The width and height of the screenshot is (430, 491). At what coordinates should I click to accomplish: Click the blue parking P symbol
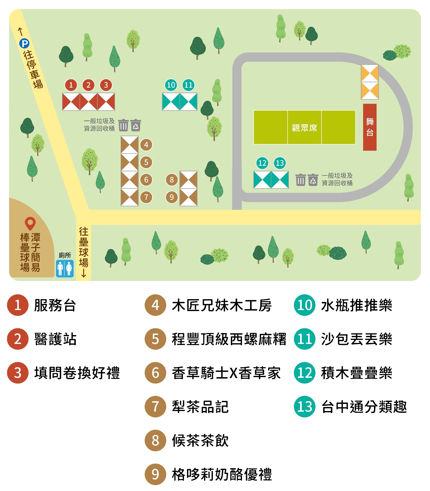click(24, 44)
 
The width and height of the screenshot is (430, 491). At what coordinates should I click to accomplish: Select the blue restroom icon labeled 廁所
click(65, 268)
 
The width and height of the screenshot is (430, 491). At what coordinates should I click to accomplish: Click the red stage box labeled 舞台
click(370, 127)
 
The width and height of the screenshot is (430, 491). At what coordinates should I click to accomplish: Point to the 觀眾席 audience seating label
click(304, 128)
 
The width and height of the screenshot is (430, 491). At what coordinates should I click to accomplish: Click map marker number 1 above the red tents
click(71, 85)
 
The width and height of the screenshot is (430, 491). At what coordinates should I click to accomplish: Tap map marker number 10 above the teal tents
click(171, 85)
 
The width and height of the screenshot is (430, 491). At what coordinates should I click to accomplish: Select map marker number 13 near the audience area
click(280, 163)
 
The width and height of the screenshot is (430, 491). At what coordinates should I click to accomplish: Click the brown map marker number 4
click(146, 145)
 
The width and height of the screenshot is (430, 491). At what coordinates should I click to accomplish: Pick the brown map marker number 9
click(172, 197)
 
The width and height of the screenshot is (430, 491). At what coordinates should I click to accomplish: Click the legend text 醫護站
click(55, 339)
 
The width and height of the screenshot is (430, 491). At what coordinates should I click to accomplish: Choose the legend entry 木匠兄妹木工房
click(222, 305)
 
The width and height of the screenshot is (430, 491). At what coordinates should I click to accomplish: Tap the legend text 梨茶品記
click(200, 407)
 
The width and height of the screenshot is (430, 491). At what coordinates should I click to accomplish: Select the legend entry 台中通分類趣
click(364, 407)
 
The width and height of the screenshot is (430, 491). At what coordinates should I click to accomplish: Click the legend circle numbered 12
click(305, 373)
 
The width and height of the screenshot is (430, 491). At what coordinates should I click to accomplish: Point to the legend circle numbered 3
click(18, 373)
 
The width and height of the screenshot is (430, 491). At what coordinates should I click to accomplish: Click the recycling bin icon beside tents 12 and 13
click(313, 180)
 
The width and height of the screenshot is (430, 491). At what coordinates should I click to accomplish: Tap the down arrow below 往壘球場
click(84, 274)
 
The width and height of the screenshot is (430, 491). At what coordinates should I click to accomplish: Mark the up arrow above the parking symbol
click(21, 32)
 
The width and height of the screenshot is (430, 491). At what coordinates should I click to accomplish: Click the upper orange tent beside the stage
click(370, 73)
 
